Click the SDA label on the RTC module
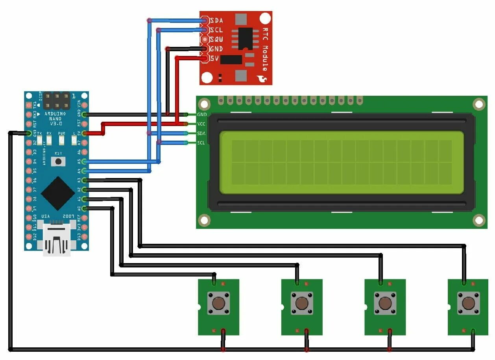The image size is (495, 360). (x=216, y=20)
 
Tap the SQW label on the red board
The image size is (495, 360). (x=216, y=39)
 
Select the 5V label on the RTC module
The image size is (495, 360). (x=214, y=59)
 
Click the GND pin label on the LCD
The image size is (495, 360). (x=202, y=115)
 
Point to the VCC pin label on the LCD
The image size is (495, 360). (x=202, y=124)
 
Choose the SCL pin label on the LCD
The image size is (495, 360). (x=201, y=143)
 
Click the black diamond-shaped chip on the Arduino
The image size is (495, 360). (x=58, y=193)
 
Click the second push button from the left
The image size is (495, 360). (x=302, y=303)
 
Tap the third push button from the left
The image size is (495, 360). (x=385, y=303)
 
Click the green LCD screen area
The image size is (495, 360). (x=341, y=162)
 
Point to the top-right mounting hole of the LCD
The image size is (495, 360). (x=478, y=104)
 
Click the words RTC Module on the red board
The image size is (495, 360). (x=265, y=52)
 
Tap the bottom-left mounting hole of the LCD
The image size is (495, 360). (x=204, y=220)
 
